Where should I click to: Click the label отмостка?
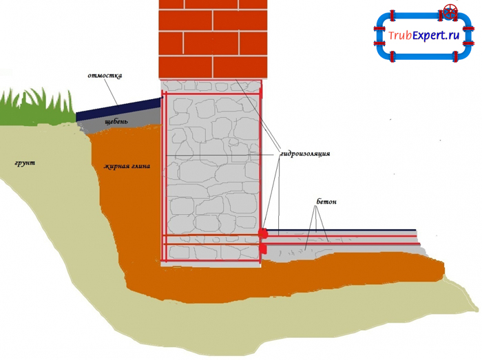tap(105, 76)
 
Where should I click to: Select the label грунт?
tap(24, 163)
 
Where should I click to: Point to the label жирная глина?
tap(127, 167)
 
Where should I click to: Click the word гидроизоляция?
tap(304, 154)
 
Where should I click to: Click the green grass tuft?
tap(34, 107)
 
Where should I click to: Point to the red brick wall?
tap(213, 38)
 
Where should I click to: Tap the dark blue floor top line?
tap(344, 231)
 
